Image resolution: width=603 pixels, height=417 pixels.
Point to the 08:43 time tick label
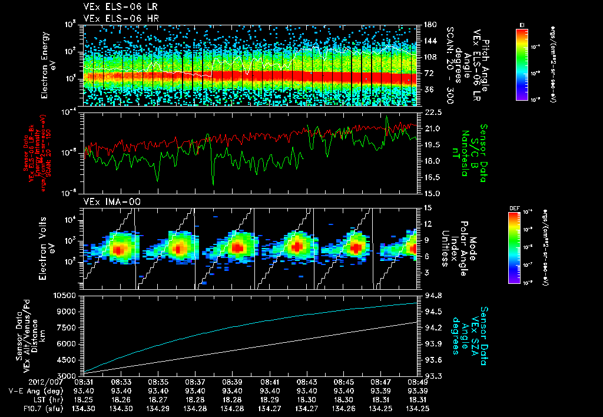click(307, 382)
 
